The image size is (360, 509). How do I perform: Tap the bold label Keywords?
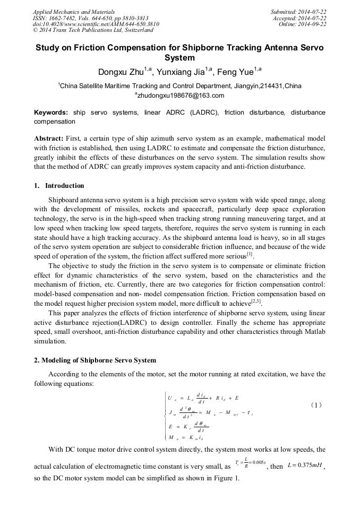point(51,113)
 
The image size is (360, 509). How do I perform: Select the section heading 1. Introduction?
point(59,186)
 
